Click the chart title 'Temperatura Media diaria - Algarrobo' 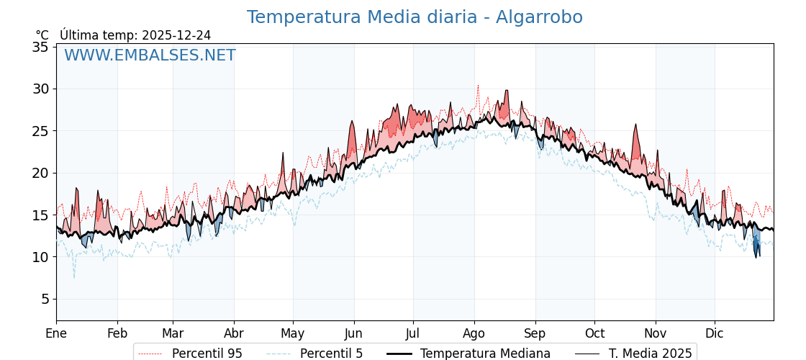[x=415, y=17]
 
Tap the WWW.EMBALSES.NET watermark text [x=150, y=55]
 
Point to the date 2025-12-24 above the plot [x=176, y=35]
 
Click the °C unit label [x=42, y=35]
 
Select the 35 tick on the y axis [x=40, y=47]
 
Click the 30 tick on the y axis [x=40, y=89]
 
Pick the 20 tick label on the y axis [x=40, y=173]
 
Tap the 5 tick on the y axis [x=44, y=299]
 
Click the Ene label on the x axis [x=56, y=333]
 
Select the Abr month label [x=233, y=333]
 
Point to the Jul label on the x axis [x=413, y=333]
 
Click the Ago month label [x=474, y=333]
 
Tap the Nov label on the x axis [x=655, y=333]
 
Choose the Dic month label [x=715, y=333]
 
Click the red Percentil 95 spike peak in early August [x=478, y=85]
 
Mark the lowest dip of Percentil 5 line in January [x=73, y=277]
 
